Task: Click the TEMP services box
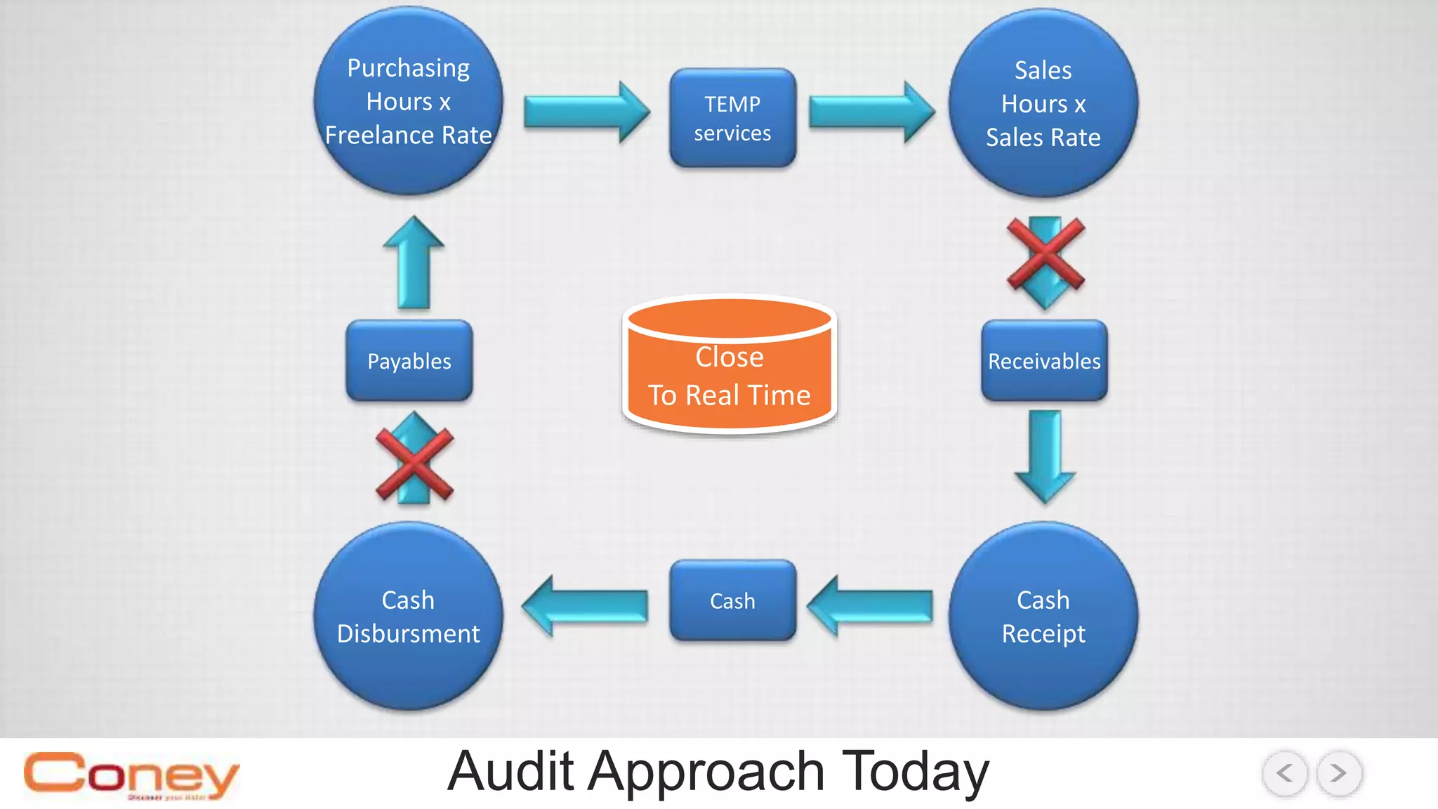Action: pos(732,118)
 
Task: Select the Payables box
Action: pos(409,361)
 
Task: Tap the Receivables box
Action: pos(1044,361)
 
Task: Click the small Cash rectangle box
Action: pos(732,601)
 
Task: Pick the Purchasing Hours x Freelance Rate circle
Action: pos(408,101)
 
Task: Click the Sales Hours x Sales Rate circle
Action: pos(1043,103)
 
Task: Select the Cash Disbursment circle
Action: pos(408,617)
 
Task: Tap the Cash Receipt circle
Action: pos(1043,617)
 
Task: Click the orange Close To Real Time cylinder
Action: pos(730,365)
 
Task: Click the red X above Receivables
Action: pos(1045,254)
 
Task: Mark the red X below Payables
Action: pos(414,466)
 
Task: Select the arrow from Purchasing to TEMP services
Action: pos(587,112)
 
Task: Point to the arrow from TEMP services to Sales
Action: pos(872,112)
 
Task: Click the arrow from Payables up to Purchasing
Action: pos(414,263)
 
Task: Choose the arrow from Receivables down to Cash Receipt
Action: pos(1045,456)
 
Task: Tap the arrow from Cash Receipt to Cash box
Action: pos(871,606)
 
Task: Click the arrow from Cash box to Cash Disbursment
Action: pos(585,606)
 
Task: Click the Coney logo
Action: pos(131,775)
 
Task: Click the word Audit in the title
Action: pos(510,772)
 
